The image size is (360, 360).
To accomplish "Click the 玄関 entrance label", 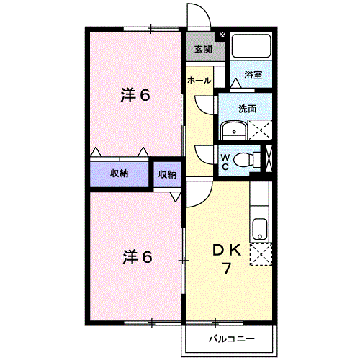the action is (x=203, y=49).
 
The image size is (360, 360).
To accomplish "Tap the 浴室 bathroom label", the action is (x=253, y=75).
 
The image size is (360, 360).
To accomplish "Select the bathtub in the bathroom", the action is (x=251, y=45).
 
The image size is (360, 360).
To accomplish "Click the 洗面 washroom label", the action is (x=248, y=109).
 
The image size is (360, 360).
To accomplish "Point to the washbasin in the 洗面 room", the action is (x=234, y=130).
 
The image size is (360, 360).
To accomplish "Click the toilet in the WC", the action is (x=246, y=160).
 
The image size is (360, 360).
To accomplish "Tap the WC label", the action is (x=225, y=162).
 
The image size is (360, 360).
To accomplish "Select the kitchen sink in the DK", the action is (x=260, y=229).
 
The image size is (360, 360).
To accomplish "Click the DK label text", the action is (x=227, y=251).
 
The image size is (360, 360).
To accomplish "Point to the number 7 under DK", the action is (x=227, y=269).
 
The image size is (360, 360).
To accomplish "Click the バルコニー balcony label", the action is (x=231, y=339).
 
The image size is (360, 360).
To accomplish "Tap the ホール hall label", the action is (x=199, y=80).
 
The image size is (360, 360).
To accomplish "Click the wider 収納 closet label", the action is (x=120, y=174).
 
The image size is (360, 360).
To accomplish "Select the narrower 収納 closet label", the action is (x=167, y=174).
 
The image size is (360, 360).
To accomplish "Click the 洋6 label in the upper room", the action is (x=135, y=95).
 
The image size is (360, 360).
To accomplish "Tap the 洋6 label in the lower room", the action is (x=138, y=257).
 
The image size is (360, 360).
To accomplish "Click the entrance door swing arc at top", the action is (x=204, y=10).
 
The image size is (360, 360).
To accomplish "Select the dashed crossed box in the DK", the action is (x=261, y=254).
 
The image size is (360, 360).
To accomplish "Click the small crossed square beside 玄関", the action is (x=222, y=34).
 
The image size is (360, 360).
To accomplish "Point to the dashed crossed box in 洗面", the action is (x=260, y=130).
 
